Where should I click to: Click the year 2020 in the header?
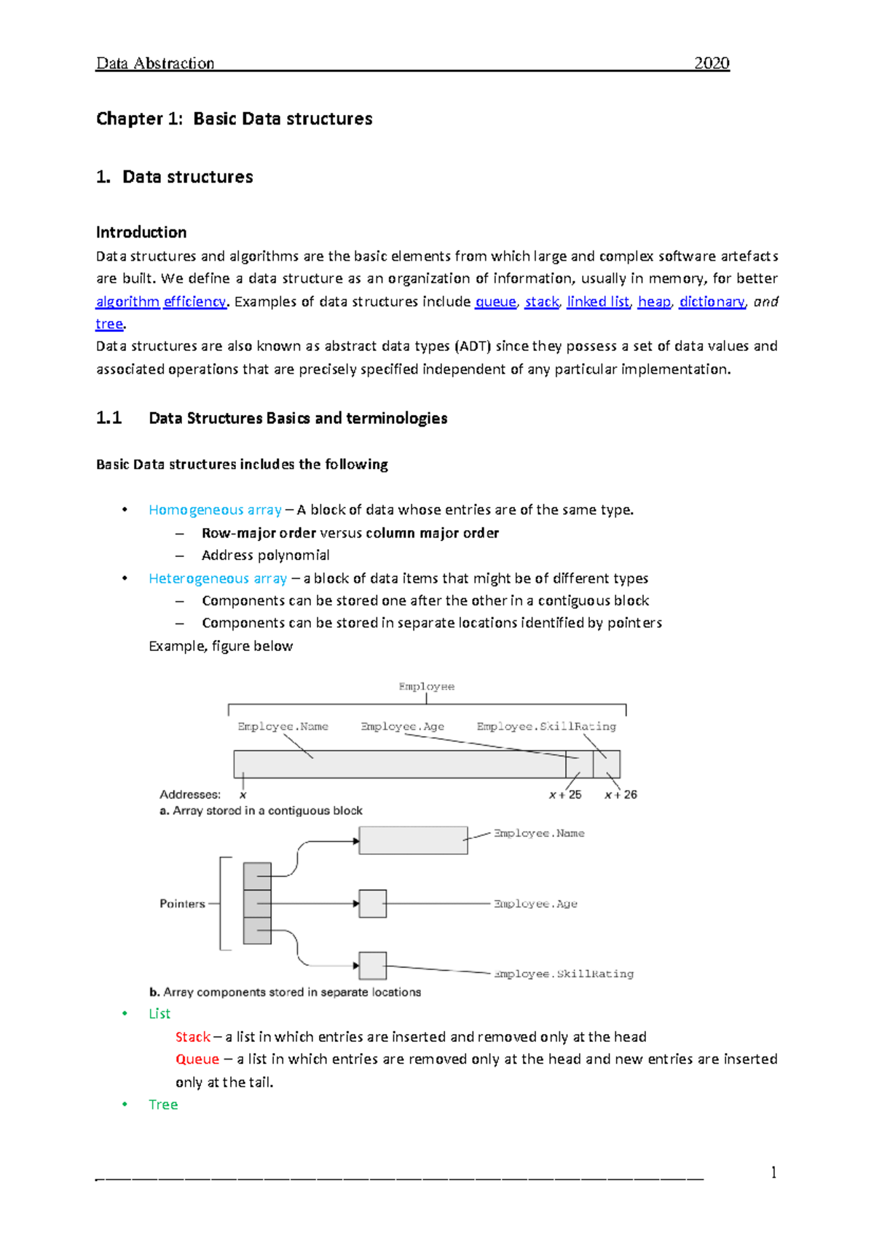711,63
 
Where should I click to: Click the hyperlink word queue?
495,301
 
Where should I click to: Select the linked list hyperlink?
598,301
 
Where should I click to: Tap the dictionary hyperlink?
712,301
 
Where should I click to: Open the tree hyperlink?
109,324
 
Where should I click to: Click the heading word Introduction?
141,232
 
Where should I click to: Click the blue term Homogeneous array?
215,510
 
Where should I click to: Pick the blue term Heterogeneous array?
218,578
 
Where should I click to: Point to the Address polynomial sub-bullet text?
265,556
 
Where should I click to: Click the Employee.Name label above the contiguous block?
283,727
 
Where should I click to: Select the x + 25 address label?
565,794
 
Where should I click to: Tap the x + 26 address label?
621,794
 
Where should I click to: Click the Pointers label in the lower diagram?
182,904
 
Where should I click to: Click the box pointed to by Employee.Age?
373,904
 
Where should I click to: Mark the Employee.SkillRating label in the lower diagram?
564,974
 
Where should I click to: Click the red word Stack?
193,1037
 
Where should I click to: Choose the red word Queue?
197,1060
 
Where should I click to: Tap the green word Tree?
163,1105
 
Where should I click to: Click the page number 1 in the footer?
773,1172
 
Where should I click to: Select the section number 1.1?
109,418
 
